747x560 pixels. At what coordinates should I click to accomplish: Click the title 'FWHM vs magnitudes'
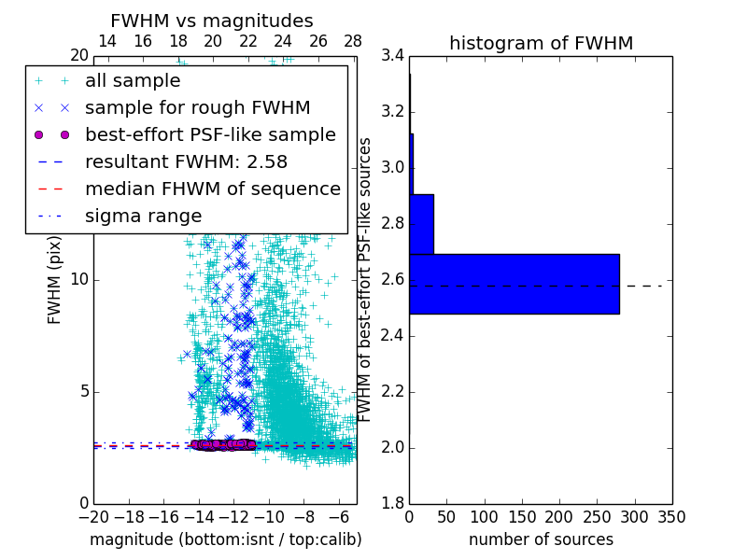[212, 21]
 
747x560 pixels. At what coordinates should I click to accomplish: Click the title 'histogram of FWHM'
[541, 43]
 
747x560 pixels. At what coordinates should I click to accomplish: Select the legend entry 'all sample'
[133, 80]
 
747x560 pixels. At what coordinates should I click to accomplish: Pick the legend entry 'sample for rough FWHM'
[197, 107]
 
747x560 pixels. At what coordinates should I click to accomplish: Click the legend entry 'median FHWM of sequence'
[212, 189]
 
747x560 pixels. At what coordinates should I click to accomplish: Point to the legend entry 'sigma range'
[143, 216]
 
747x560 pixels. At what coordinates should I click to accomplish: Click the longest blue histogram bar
[514, 284]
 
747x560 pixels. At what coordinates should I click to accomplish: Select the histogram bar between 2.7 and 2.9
[421, 224]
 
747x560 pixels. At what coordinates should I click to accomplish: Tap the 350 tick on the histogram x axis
[672, 516]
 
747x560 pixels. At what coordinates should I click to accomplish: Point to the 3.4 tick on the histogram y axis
[393, 56]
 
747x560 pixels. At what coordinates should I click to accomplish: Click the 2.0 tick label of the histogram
[393, 448]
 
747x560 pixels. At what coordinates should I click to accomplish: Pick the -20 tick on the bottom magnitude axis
[93, 516]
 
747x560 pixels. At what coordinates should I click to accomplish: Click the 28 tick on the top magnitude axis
[353, 41]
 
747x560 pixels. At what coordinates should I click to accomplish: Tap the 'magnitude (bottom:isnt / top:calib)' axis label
[225, 539]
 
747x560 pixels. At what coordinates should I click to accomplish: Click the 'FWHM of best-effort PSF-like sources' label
[366, 280]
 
